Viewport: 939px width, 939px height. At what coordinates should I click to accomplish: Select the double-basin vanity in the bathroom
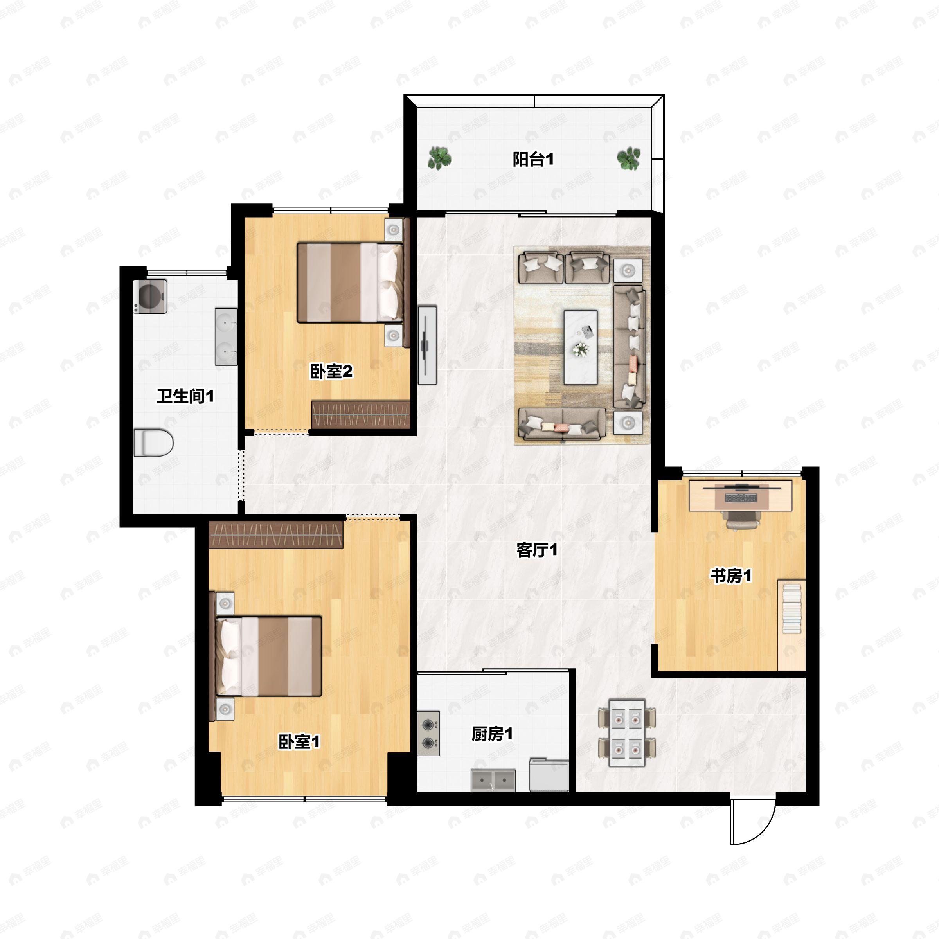tap(226, 336)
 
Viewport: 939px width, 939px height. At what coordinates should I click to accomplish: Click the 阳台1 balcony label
tap(533, 159)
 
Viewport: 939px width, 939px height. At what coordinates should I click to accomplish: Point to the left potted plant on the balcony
tap(440, 158)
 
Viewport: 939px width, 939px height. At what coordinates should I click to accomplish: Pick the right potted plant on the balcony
tap(628, 158)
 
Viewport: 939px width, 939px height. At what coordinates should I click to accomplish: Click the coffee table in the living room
tap(580, 347)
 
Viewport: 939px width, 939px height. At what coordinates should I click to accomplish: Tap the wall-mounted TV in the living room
tap(427, 345)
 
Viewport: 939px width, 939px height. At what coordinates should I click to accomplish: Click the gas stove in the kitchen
tap(428, 734)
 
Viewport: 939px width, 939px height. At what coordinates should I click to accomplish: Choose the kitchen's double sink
tap(493, 781)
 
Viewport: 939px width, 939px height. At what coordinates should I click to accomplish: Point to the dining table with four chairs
tap(627, 733)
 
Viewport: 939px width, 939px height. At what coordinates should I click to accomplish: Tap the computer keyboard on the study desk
tap(741, 498)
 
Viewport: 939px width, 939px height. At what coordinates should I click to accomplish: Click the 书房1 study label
tap(730, 576)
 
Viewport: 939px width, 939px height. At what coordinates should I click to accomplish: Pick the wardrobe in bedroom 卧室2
tap(361, 415)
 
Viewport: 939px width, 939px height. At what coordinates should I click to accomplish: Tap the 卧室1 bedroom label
tap(299, 742)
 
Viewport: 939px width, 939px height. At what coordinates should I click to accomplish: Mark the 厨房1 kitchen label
tap(492, 734)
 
